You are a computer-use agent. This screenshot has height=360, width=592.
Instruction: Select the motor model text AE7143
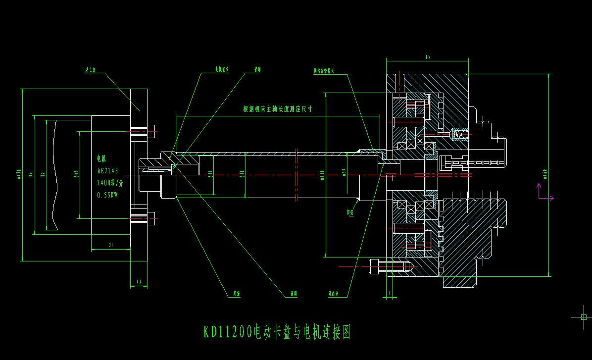pyautogui.click(x=108, y=170)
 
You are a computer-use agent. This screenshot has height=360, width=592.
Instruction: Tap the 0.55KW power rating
pyautogui.click(x=107, y=195)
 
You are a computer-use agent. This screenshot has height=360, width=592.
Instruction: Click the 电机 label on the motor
pyautogui.click(x=101, y=158)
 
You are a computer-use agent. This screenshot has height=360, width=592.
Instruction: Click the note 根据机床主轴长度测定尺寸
pyautogui.click(x=277, y=109)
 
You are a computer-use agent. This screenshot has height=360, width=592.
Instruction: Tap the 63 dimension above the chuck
pyautogui.click(x=427, y=57)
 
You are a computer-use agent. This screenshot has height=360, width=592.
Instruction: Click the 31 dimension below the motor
pyautogui.click(x=111, y=245)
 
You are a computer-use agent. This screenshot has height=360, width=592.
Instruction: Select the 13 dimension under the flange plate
pyautogui.click(x=139, y=281)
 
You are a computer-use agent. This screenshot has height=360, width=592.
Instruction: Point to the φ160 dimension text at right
pyautogui.click(x=545, y=173)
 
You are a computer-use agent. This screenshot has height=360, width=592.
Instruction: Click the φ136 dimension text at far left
pyautogui.click(x=18, y=173)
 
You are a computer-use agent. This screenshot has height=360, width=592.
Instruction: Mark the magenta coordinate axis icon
pyautogui.click(x=543, y=193)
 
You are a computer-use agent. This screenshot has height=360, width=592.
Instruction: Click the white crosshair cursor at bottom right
pyautogui.click(x=583, y=317)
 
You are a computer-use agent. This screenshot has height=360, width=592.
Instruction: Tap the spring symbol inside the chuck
pyautogui.click(x=460, y=134)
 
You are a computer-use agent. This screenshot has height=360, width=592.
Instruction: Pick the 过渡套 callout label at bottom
pyautogui.click(x=335, y=292)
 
